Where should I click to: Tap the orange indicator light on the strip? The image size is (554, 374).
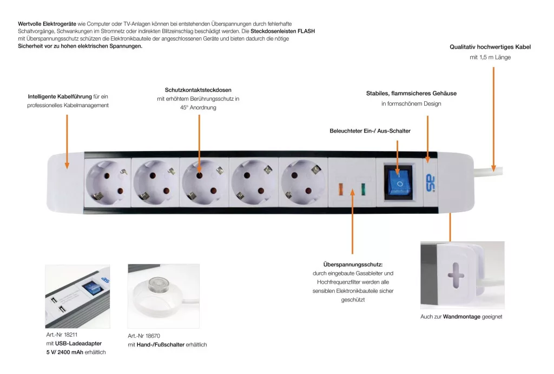(341, 189)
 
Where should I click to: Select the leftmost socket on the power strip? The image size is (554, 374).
(108, 182)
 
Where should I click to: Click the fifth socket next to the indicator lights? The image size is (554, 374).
(302, 182)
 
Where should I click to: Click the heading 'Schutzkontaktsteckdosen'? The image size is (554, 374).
(198, 90)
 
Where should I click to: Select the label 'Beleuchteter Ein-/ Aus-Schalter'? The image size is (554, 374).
(370, 131)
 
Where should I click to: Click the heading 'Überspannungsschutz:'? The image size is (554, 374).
(353, 264)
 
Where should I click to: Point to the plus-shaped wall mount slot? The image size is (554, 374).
(455, 275)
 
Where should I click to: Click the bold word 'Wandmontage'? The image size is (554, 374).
(461, 317)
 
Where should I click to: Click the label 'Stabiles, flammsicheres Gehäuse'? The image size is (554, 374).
(411, 93)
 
